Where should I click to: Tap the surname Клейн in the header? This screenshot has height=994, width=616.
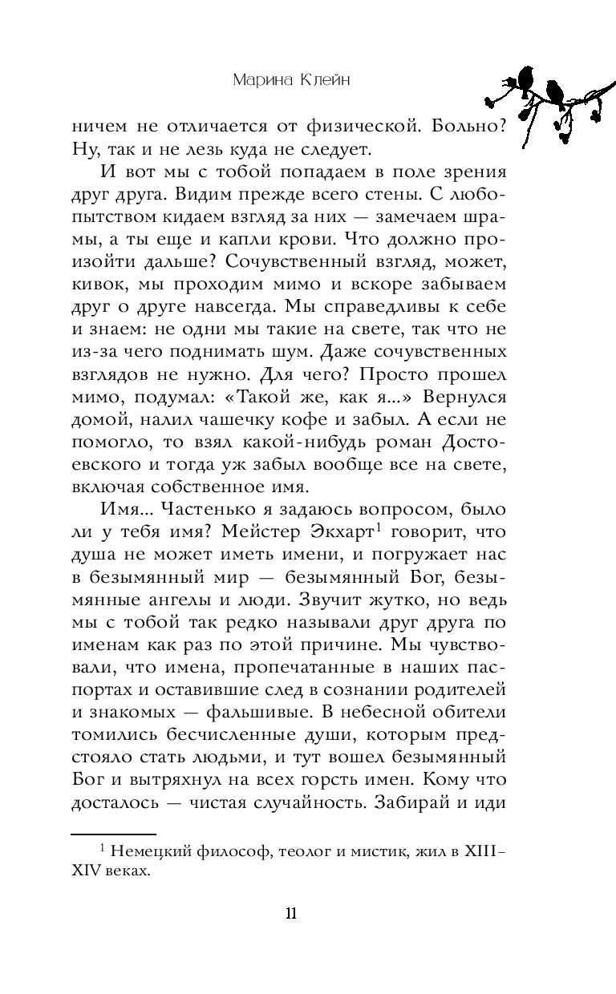[324, 79]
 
